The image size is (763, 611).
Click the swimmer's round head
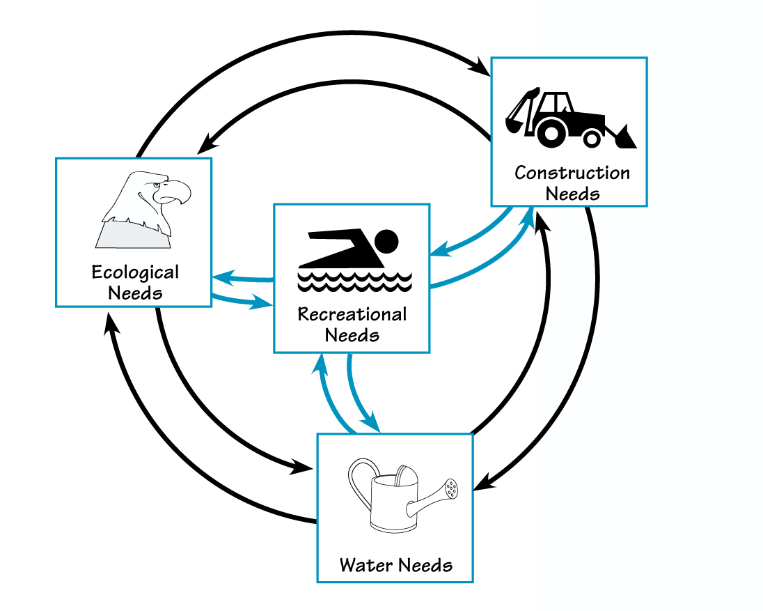pos(386,242)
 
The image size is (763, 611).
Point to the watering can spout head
pos(452,488)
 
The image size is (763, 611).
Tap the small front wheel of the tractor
pos(592,139)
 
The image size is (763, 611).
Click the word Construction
pos(572,173)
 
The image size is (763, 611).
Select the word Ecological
pos(135,272)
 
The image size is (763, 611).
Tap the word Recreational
pos(352,314)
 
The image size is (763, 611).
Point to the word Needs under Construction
pos(572,193)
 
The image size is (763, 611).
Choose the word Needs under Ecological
pos(135,292)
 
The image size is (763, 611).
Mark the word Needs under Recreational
pos(352,335)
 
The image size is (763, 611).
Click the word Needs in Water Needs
pos(425,564)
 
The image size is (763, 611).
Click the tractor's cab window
pos(560,105)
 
